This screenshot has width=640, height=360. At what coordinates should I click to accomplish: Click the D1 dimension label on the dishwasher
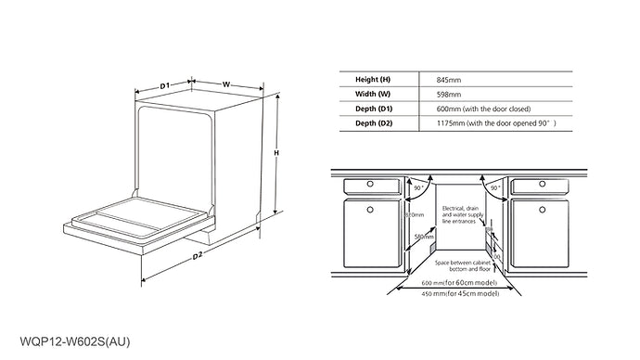pyautogui.click(x=163, y=85)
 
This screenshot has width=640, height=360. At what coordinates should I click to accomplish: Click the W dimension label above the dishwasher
pyautogui.click(x=226, y=84)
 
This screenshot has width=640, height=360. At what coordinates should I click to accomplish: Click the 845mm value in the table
pyautogui.click(x=449, y=81)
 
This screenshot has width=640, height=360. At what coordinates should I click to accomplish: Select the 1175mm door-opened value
pyautogui.click(x=496, y=122)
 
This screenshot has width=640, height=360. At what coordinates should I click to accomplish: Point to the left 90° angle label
pyautogui.click(x=418, y=188)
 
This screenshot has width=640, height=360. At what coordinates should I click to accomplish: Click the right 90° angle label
pyautogui.click(x=495, y=188)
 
